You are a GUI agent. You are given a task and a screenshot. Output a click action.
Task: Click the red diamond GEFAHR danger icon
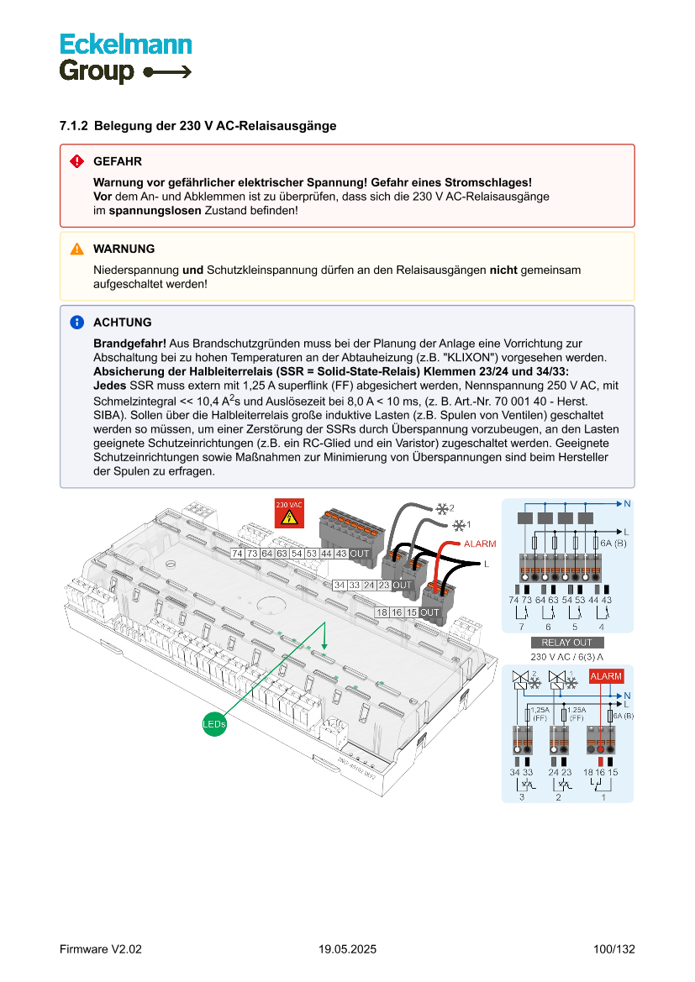click(76, 161)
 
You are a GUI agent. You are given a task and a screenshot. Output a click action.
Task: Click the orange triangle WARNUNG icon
click(76, 249)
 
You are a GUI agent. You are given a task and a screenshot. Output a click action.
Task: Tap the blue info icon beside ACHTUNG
click(76, 323)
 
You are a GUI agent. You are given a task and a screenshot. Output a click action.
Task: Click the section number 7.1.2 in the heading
click(74, 126)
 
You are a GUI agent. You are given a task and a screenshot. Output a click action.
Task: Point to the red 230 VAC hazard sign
click(288, 513)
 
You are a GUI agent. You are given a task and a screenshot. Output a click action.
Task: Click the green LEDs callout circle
click(214, 722)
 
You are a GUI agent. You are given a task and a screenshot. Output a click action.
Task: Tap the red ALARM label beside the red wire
click(479, 544)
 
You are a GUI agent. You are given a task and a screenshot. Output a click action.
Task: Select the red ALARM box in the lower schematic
click(606, 676)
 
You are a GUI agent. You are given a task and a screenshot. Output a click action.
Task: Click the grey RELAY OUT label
click(567, 643)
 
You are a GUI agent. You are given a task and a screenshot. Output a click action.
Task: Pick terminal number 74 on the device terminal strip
click(238, 554)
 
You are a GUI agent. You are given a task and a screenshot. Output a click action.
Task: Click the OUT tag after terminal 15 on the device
click(430, 612)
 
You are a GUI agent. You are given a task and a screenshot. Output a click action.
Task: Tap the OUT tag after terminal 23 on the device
click(403, 585)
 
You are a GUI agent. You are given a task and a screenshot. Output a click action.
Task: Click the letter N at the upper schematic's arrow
click(627, 504)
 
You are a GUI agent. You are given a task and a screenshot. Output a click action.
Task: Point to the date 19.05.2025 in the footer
click(347, 949)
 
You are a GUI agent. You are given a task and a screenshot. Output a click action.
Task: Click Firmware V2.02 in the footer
click(101, 949)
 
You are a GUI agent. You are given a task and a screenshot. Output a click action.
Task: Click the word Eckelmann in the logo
click(125, 45)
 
